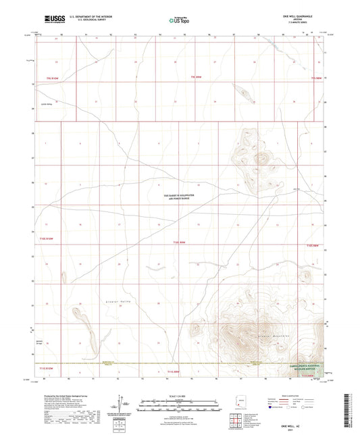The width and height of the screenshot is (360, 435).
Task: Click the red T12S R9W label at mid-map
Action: pos(178,241)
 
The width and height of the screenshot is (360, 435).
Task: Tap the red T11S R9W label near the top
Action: pos(197,79)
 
